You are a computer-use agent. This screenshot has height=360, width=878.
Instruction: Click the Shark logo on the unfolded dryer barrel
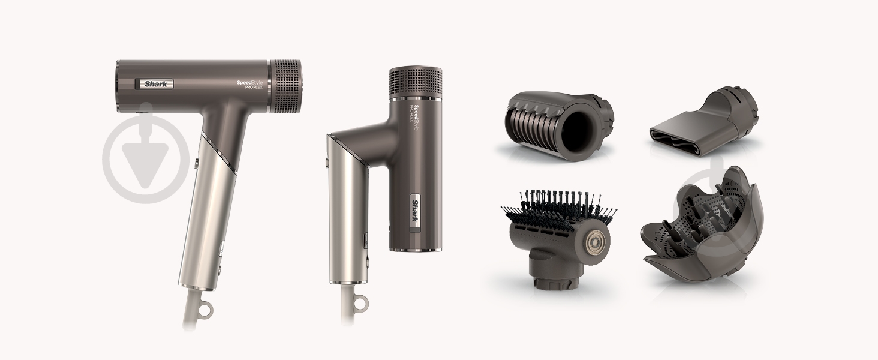click(x=154, y=84)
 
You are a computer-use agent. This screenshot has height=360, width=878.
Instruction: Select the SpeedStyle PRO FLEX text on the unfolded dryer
click(x=249, y=84)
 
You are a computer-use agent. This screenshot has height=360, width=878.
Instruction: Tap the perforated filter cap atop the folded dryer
click(x=416, y=82)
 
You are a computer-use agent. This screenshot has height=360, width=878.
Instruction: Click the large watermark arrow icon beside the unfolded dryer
click(x=146, y=154)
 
